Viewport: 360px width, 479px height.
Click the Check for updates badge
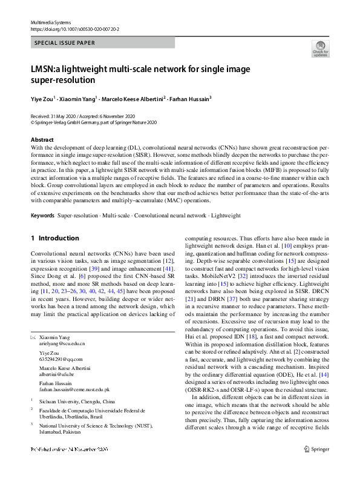pyautogui.click(x=320, y=48)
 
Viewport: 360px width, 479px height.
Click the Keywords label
pyautogui.click(x=42, y=216)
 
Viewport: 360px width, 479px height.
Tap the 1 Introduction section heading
pyautogui.click(x=55, y=239)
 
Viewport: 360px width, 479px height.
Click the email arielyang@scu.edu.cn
pyautogui.click(x=62, y=343)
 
